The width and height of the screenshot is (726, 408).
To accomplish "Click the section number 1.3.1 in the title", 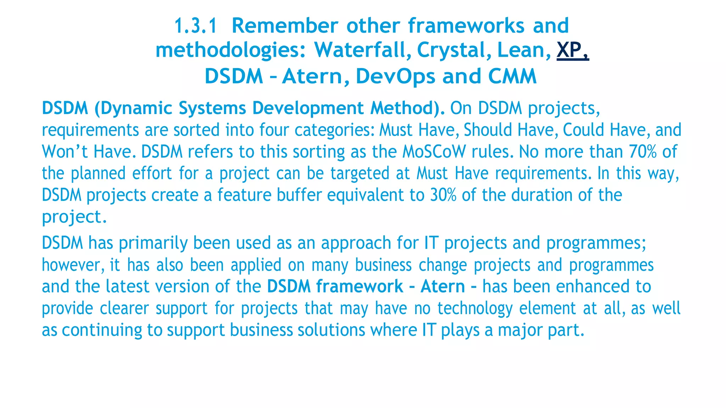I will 195,26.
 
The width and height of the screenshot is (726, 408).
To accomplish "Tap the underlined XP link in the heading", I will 572,50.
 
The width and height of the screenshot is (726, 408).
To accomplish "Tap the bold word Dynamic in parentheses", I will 136,108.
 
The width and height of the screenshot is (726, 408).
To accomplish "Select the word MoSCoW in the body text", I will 434,152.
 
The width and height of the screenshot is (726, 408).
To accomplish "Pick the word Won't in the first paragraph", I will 65,152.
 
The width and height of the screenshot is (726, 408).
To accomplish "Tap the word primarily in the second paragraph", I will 153,243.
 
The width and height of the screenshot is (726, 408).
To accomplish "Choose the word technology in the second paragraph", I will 475,308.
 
